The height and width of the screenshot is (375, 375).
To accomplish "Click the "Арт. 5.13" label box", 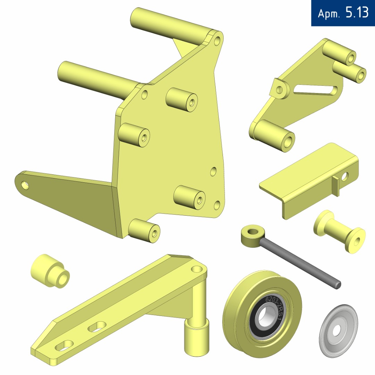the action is pos(343,13).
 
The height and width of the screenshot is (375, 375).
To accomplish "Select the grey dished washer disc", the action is pos(339,331).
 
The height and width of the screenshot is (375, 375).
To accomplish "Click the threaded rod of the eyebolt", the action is pos(300,262).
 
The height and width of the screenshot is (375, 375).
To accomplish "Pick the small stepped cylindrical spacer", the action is pos(50,272).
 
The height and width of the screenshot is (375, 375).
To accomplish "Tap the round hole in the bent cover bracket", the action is pos(345,176).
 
